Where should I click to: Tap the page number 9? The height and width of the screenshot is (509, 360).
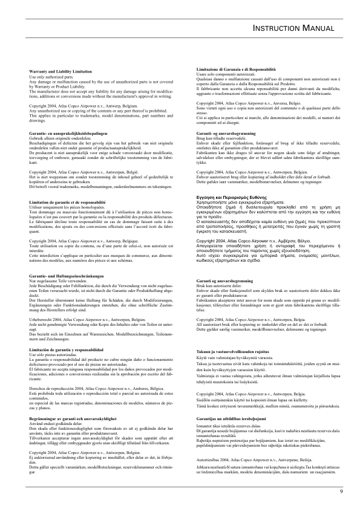click(x=341, y=491)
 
